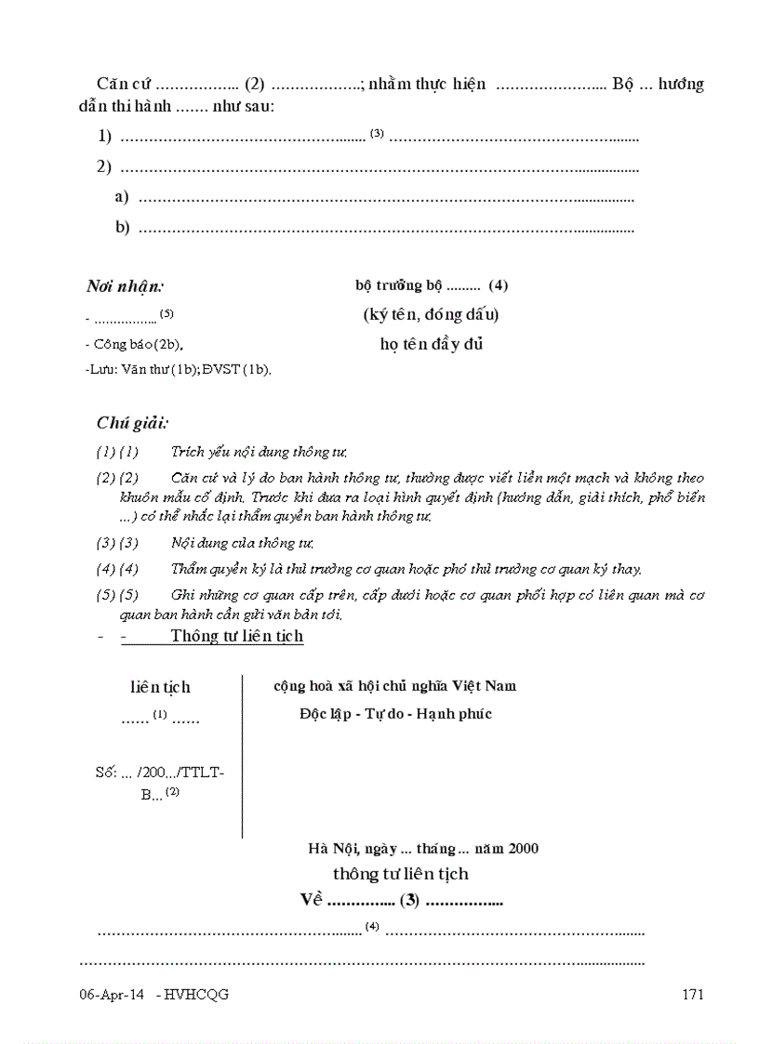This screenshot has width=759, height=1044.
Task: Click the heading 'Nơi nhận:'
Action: click(x=126, y=285)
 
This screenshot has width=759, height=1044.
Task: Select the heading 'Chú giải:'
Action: click(x=133, y=423)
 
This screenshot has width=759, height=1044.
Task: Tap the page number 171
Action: click(x=693, y=995)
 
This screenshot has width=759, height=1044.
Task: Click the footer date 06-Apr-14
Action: click(x=112, y=995)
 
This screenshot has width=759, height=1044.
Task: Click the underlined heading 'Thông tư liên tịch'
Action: click(x=236, y=636)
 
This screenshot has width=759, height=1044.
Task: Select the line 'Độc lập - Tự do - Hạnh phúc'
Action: click(x=395, y=714)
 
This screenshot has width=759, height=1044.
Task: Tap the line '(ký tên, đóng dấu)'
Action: click(x=431, y=314)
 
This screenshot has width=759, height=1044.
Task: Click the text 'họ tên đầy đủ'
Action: click(x=432, y=344)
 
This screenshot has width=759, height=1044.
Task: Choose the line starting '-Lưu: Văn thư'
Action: click(x=178, y=369)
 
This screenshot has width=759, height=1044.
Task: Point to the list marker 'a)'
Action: click(x=122, y=197)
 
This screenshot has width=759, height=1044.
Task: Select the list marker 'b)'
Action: click(x=122, y=228)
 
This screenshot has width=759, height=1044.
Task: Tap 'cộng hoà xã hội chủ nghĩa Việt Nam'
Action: click(x=394, y=686)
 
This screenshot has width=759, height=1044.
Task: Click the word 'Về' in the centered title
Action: click(x=311, y=900)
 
